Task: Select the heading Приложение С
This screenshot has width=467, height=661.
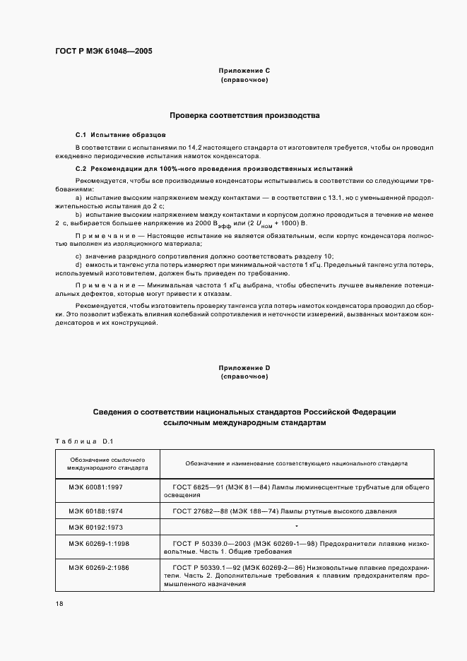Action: (244, 71)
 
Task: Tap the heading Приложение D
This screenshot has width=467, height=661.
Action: (244, 368)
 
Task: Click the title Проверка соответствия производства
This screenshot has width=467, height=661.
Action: (244, 114)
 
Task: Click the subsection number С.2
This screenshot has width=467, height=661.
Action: (81, 169)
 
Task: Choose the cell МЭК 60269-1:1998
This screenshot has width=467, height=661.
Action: (99, 543)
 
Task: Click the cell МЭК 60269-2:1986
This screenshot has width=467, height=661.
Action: (99, 566)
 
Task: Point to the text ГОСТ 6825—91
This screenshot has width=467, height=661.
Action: (195, 487)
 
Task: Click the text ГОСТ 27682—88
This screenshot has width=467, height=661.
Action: (197, 510)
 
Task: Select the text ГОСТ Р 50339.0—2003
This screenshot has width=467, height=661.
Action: (208, 543)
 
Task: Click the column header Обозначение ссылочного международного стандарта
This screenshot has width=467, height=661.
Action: (107, 463)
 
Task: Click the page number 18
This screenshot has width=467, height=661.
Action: (59, 605)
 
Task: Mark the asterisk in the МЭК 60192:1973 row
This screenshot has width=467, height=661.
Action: (297, 526)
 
